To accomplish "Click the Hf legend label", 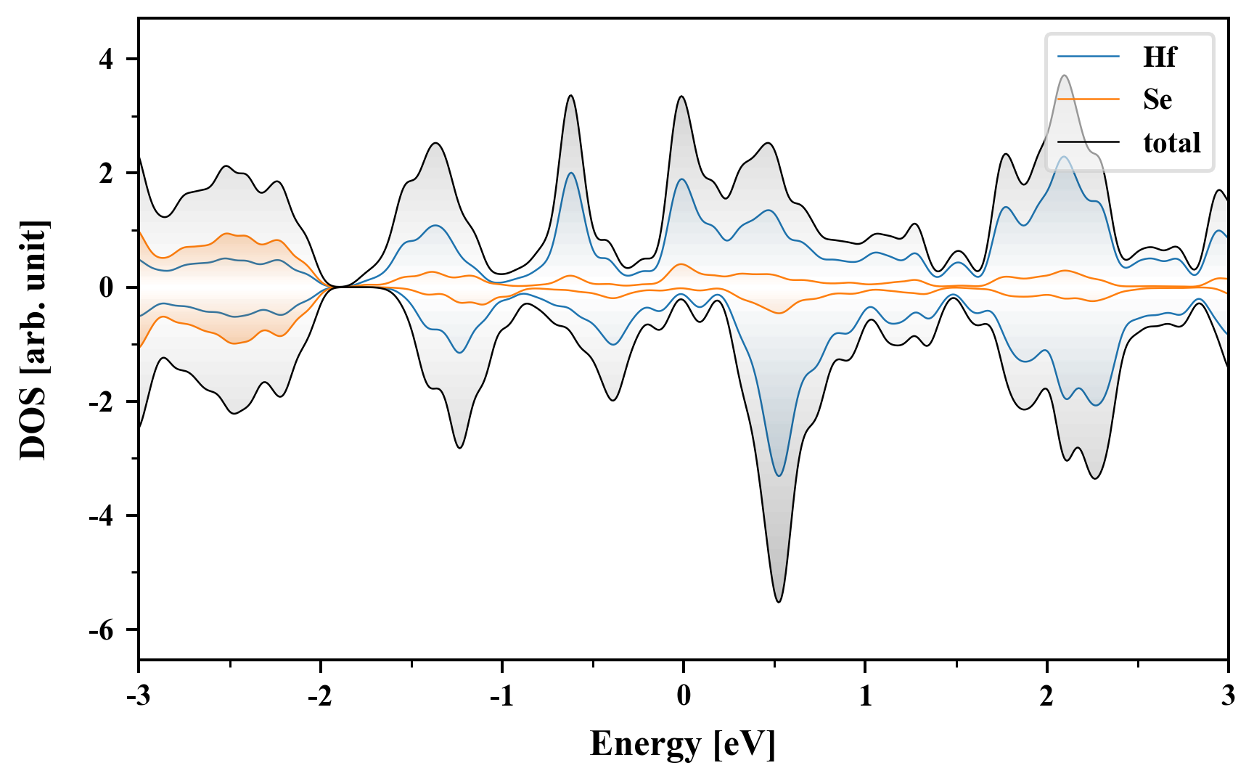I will [1159, 57].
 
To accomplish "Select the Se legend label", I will [1157, 99].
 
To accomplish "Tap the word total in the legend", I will [1172, 143].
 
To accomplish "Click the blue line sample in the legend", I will [1089, 57].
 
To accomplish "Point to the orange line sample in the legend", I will [1089, 99].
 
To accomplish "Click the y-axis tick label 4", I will [107, 59].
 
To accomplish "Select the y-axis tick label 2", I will [107, 173].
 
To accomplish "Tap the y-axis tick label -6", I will [102, 630].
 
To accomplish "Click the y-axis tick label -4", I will [102, 516].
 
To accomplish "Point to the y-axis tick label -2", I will [102, 402].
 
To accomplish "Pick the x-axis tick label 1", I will [865, 695].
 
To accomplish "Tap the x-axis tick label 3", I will [1228, 695].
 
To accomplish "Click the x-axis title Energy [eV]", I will [683, 744].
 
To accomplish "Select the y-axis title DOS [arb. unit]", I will [33, 340].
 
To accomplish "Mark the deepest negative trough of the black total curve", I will [779, 601].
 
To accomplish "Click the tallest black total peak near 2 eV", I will [1064, 75].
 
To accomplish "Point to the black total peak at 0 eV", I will [681, 97].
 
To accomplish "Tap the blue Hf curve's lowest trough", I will [779, 475].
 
